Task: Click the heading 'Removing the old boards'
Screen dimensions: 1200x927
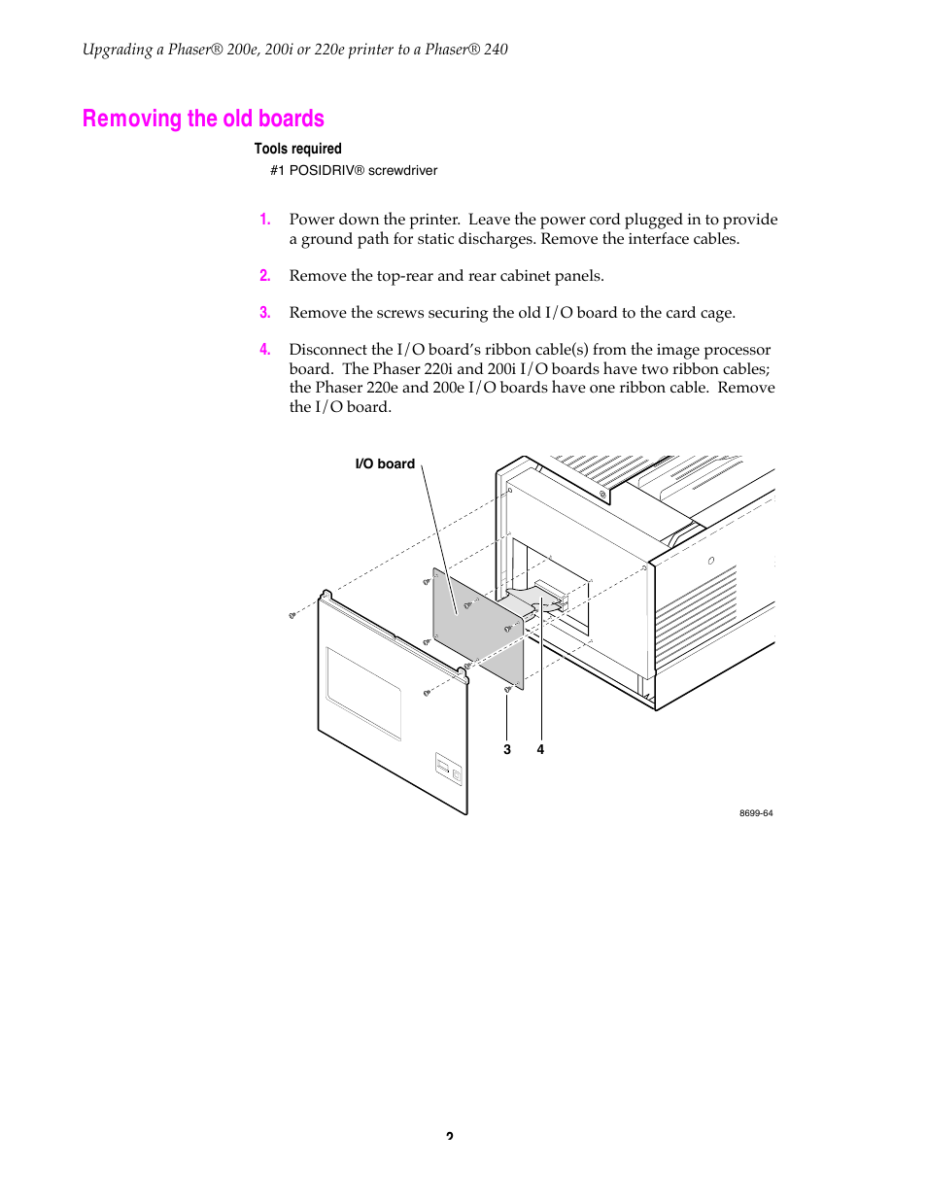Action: [x=203, y=119]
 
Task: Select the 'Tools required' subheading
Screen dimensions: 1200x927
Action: [x=297, y=149]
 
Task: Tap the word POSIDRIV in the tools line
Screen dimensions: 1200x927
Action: [x=321, y=170]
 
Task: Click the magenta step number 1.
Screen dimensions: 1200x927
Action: [x=264, y=220]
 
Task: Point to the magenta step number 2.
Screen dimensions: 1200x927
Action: [x=264, y=276]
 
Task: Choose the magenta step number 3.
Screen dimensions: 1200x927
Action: [x=264, y=313]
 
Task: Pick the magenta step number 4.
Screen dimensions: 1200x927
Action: [x=264, y=350]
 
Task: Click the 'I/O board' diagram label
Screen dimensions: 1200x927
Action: [x=385, y=463]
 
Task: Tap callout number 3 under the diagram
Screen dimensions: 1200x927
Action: [x=507, y=749]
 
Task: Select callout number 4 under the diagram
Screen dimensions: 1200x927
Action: [x=540, y=749]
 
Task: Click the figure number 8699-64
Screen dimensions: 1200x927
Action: [x=756, y=813]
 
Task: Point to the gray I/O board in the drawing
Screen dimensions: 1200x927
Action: [x=476, y=627]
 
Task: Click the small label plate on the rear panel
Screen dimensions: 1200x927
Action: [x=448, y=769]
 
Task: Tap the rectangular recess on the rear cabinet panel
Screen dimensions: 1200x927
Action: [x=363, y=693]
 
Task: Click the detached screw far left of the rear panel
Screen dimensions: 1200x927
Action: [x=292, y=615]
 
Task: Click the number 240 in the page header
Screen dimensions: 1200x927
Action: [x=496, y=50]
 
